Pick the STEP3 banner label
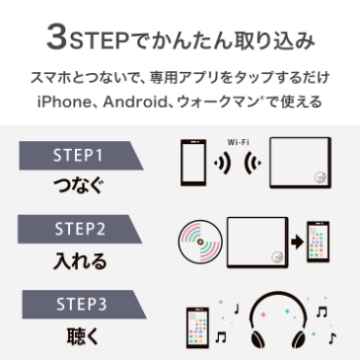(78, 303)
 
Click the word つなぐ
(78, 185)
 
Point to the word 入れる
(78, 260)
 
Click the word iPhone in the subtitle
(60, 101)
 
